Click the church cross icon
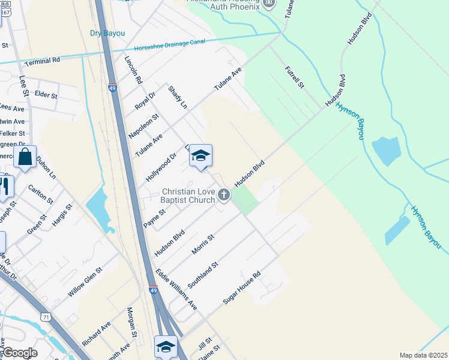point(224,194)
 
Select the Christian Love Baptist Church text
point(188,196)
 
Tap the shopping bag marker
point(25,158)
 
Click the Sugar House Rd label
point(242,288)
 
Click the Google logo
point(20,353)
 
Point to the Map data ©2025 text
point(423,355)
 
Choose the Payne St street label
point(154,218)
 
